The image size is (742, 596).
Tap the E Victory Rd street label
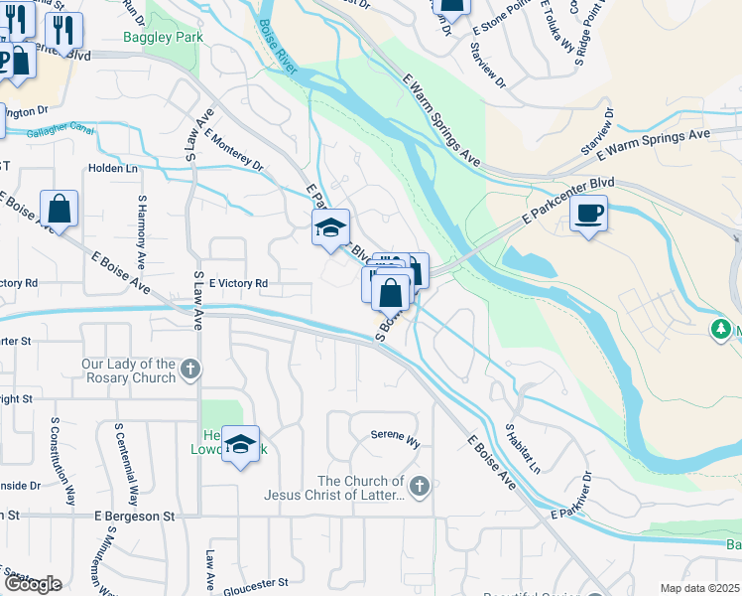[x=238, y=283]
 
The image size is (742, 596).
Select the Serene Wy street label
[x=396, y=435]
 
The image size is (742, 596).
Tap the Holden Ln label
[x=112, y=168]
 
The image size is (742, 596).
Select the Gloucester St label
[x=255, y=582]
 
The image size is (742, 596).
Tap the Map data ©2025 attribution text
[x=699, y=588]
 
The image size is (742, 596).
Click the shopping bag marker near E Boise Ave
[x=60, y=210]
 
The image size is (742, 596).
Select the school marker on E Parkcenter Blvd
[x=330, y=228]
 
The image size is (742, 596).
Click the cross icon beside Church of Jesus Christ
[x=420, y=487]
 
